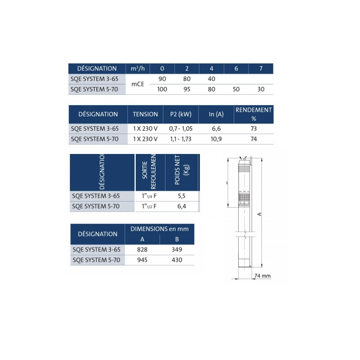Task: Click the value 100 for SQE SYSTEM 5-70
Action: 162,89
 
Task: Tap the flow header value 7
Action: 260,68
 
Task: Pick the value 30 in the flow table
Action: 260,89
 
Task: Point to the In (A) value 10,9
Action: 217,139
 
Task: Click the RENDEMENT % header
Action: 254,114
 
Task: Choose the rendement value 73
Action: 254,128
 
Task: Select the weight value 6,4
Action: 181,207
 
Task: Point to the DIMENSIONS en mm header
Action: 160,229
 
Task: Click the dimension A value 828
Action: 142,250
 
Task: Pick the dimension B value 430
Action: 177,260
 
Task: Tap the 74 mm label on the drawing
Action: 262,275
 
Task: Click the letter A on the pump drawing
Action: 259,213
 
